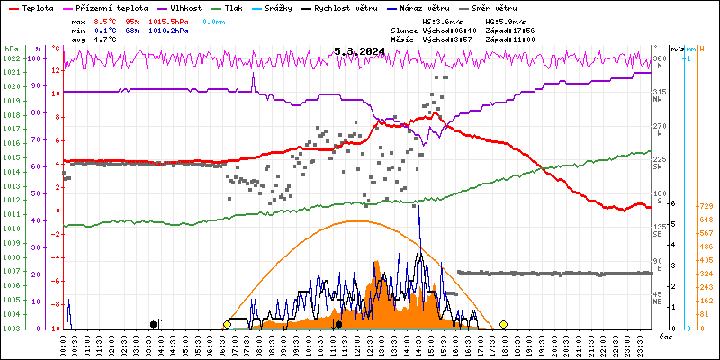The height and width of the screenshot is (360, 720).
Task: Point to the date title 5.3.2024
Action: pyautogui.click(x=359, y=51)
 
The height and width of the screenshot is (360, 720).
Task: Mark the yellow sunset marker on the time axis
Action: pyautogui.click(x=504, y=324)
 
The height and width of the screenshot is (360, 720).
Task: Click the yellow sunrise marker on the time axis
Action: pyautogui.click(x=228, y=324)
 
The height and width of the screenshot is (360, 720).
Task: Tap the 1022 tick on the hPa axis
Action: pyautogui.click(x=11, y=58)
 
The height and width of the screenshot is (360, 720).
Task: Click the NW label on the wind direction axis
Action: pyautogui.click(x=659, y=98)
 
